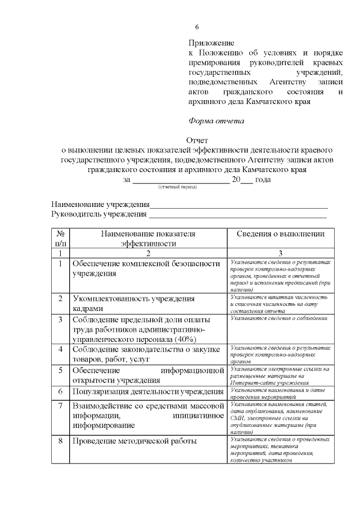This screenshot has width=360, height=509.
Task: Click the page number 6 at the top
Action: pos(197,27)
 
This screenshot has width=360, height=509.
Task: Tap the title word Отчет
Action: pos(197,140)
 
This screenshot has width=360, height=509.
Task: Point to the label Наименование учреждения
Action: pos(101,204)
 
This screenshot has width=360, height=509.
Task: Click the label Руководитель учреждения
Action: pos(99,214)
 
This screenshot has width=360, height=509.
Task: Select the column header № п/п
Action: pos(60,238)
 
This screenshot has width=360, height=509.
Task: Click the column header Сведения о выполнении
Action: pos(280,234)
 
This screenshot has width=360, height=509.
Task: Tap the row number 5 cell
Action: pos(60,370)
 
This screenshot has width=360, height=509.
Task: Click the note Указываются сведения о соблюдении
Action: pos(279,318)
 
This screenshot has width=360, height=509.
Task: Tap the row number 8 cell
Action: pos(60,441)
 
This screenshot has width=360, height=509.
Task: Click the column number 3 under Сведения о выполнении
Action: pos(280,254)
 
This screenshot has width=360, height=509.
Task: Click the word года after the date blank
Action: pos(263,179)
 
